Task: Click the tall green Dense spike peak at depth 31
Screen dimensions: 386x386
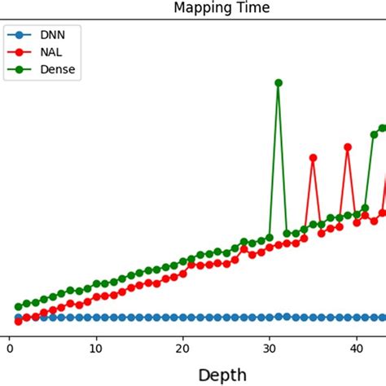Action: pyautogui.click(x=279, y=83)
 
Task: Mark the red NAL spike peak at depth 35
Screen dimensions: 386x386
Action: pyautogui.click(x=314, y=158)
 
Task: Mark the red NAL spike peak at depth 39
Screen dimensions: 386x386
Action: pyautogui.click(x=348, y=147)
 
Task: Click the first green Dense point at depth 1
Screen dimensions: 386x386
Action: pyautogui.click(x=18, y=307)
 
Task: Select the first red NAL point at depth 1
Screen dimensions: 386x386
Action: pyautogui.click(x=18, y=321)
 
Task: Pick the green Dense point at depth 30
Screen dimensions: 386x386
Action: pyautogui.click(x=270, y=238)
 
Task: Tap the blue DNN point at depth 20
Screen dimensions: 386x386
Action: pyautogui.click(x=183, y=318)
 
